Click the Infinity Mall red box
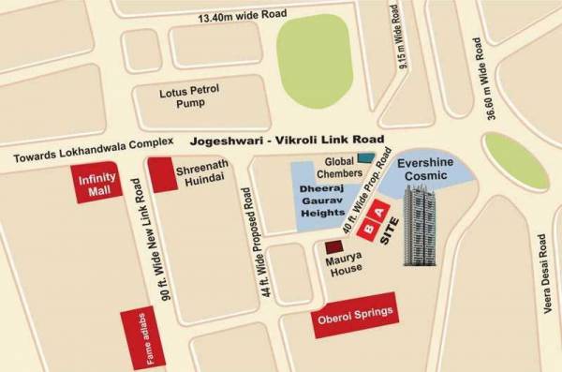coord(96,183)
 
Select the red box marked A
coord(383,215)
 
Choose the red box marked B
coord(369,228)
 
